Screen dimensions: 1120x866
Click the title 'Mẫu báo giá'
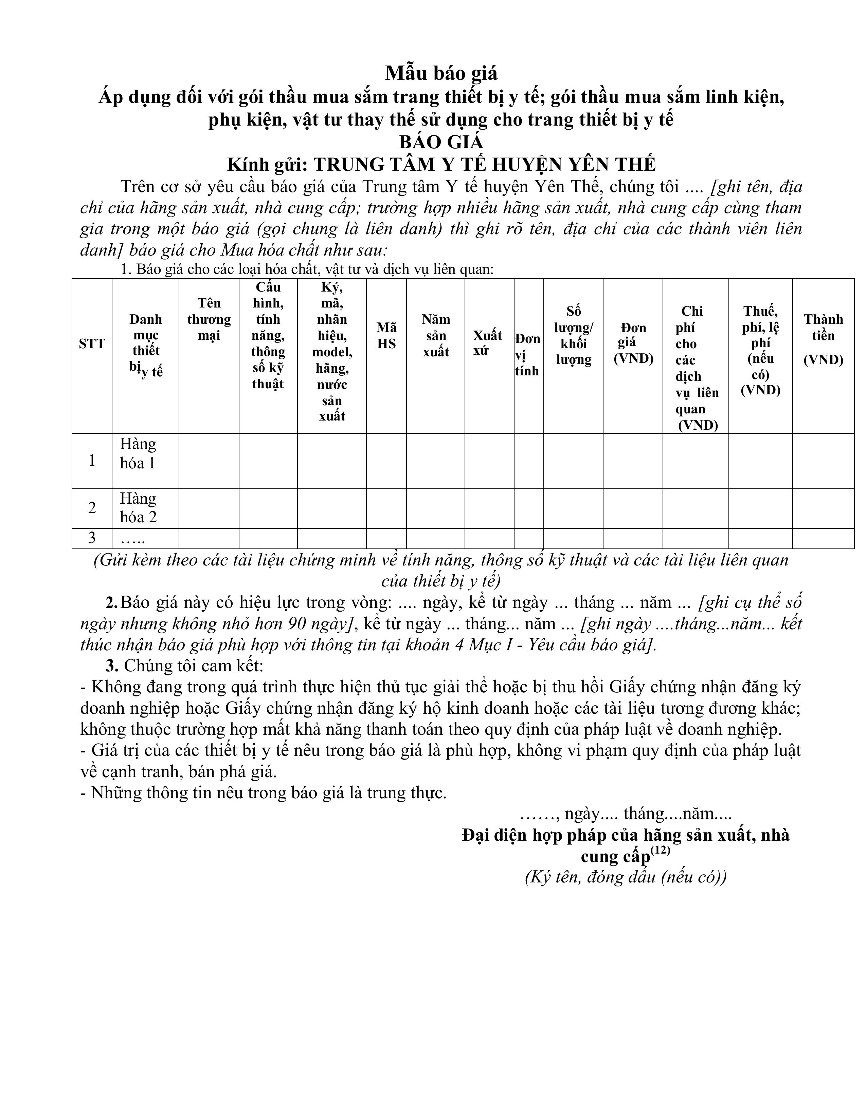point(441,73)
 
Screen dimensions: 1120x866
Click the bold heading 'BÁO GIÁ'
point(441,141)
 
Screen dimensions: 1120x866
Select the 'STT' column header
point(92,343)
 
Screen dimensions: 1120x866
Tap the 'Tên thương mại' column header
point(209,319)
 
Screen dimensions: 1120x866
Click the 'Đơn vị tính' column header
point(528,354)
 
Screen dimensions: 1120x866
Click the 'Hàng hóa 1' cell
point(138,453)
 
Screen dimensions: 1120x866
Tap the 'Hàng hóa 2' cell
point(138,508)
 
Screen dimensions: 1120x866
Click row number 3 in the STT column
point(92,538)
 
